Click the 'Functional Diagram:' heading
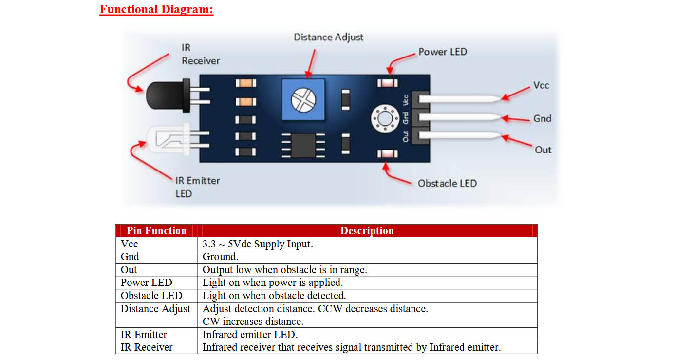click(x=156, y=9)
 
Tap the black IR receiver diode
click(x=168, y=95)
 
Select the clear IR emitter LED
click(x=168, y=139)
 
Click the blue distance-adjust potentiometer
click(x=303, y=100)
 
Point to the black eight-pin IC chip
click(x=303, y=145)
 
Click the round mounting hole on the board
click(x=385, y=118)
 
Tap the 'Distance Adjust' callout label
click(x=328, y=38)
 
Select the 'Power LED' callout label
click(x=443, y=52)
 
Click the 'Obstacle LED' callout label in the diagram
click(x=447, y=183)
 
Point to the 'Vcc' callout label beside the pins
click(x=541, y=85)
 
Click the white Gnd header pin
click(x=459, y=117)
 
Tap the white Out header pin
click(x=459, y=135)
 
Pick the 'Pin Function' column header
click(x=156, y=231)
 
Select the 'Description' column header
click(x=367, y=231)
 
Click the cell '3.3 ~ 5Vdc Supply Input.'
click(x=258, y=244)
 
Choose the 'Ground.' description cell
click(x=220, y=257)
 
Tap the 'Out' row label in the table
click(x=129, y=270)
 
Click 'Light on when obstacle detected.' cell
click(x=274, y=296)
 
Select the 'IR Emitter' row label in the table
click(x=144, y=334)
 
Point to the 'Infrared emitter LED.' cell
click(x=250, y=334)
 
